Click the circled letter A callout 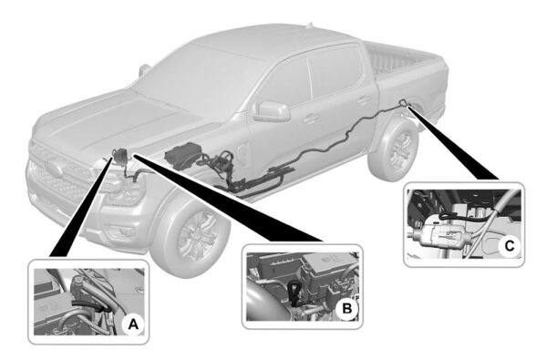(131, 323)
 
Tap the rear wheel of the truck (396, 151)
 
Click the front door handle (311, 118)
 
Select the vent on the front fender (243, 150)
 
